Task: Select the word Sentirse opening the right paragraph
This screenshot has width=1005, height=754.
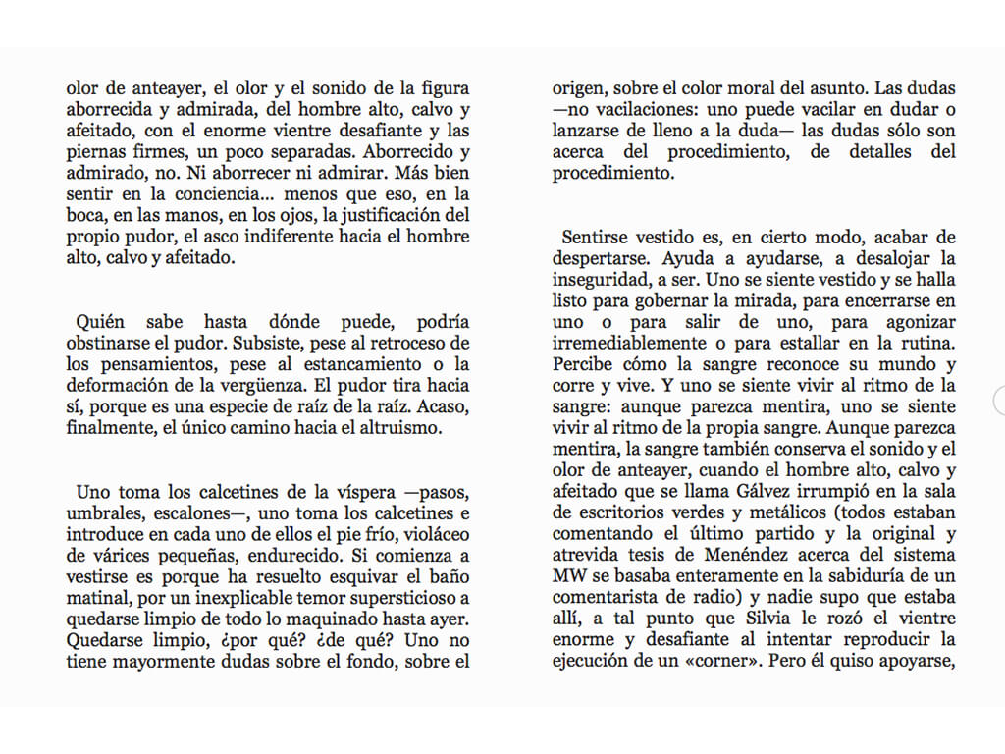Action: tap(597, 239)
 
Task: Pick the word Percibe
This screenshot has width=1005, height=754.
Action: tap(583, 365)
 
